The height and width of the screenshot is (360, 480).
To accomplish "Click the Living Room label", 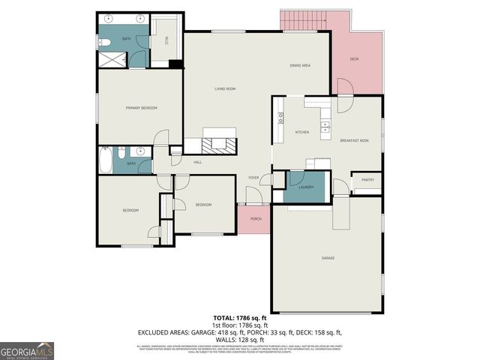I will [x=225, y=89].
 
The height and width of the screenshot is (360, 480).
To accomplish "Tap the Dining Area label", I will [x=300, y=66].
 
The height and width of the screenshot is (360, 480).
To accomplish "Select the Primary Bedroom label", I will [x=141, y=108].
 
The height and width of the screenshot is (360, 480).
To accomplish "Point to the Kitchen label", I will [x=301, y=132].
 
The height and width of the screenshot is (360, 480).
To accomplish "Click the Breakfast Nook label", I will [x=354, y=140].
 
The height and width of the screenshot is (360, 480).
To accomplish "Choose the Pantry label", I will [x=367, y=180].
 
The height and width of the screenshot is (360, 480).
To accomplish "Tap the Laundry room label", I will [x=306, y=187].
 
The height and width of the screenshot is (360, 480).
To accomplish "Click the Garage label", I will [x=328, y=258].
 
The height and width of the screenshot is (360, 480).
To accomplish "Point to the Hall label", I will [x=198, y=162].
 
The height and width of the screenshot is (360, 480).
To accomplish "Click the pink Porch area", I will [x=255, y=218].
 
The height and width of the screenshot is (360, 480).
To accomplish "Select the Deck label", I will [x=355, y=58].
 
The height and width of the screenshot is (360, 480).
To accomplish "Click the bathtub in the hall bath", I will [x=106, y=160].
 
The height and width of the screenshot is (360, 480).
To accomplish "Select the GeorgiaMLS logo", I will [x=27, y=350].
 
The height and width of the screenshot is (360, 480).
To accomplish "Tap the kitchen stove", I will [x=280, y=116].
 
